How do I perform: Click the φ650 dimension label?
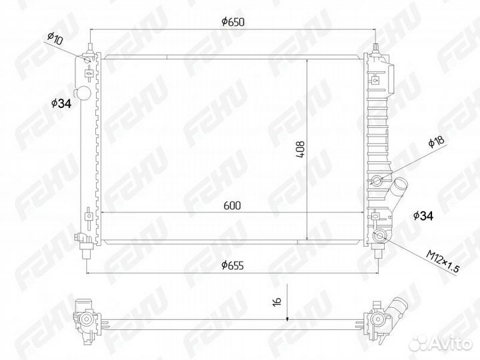tap(233, 21)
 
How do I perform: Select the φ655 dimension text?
tap(232, 265)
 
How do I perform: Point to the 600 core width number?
tap(231, 205)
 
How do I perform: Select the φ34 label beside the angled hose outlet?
tap(423, 215)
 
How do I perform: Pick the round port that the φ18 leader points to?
tap(378, 180)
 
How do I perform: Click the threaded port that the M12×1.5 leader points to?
tap(380, 236)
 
